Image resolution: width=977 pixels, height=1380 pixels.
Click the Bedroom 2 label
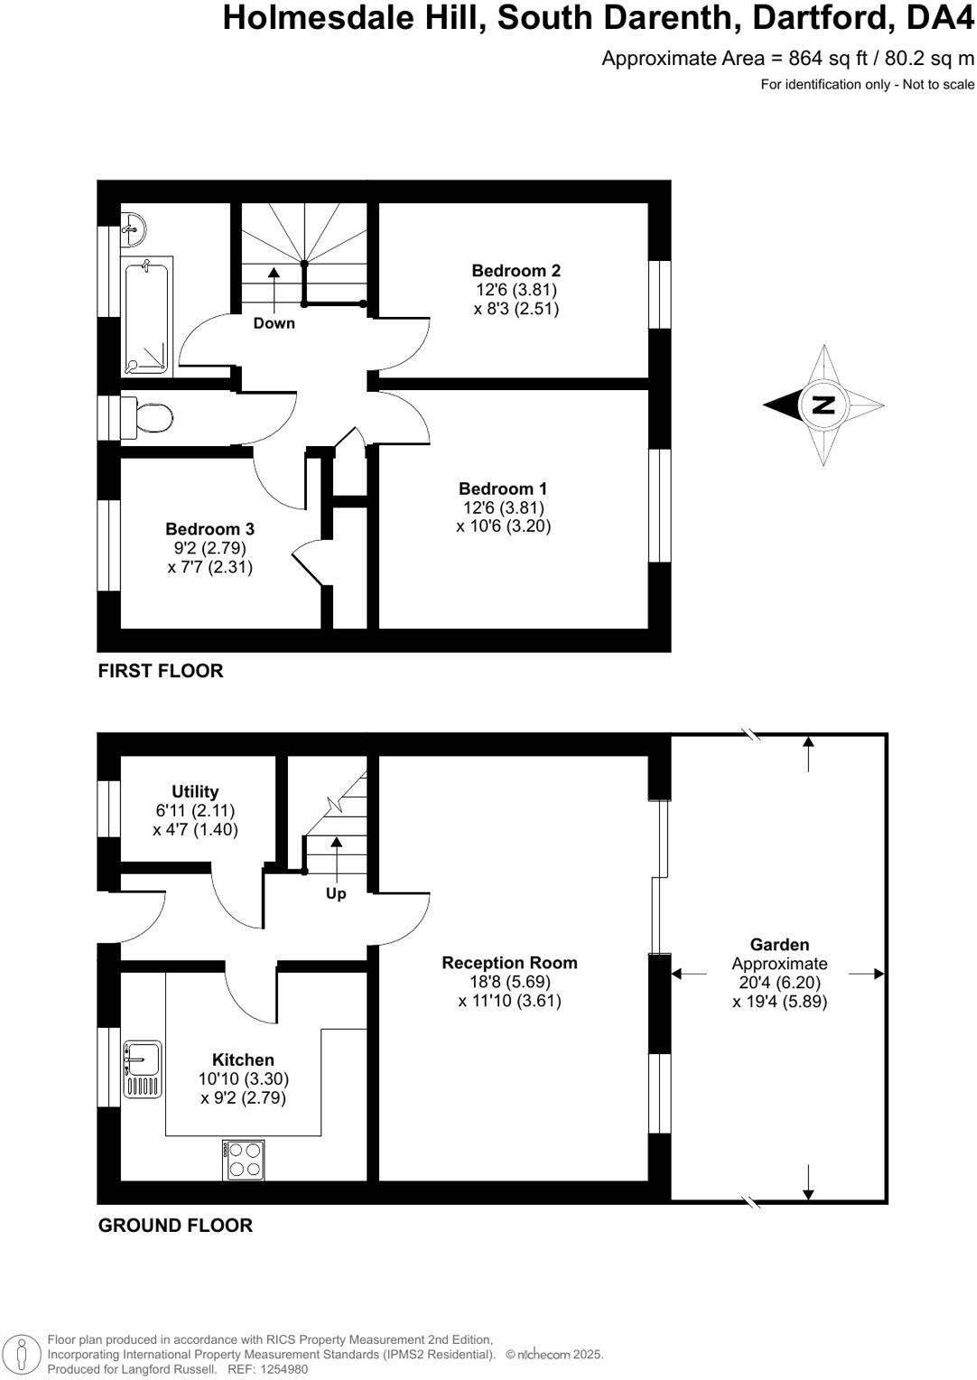[516, 270]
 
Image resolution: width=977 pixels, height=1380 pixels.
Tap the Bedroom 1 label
[503, 489]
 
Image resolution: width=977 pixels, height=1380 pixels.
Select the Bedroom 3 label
[209, 529]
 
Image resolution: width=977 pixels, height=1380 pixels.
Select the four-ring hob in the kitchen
[245, 1160]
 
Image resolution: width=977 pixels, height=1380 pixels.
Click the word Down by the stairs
[274, 322]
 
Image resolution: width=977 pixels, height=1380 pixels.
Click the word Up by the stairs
[336, 893]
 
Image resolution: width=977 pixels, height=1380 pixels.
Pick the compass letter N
[823, 405]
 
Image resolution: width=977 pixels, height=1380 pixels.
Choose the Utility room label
[195, 792]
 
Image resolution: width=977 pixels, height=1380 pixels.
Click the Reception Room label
[509, 963]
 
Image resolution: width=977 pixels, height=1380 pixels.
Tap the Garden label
[779, 945]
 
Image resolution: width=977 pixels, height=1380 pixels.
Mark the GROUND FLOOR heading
[175, 1226]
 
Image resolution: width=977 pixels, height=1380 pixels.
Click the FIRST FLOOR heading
[160, 671]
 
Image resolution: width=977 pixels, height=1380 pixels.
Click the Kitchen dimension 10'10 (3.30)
[244, 1078]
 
